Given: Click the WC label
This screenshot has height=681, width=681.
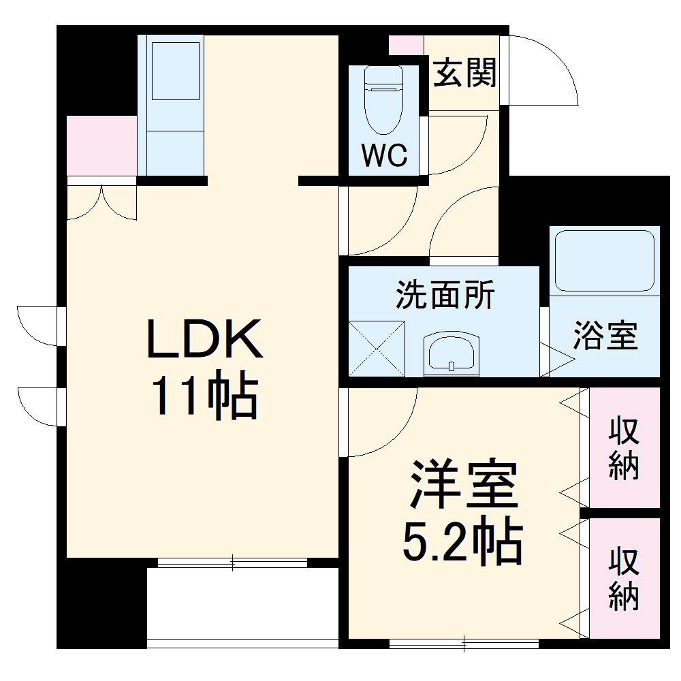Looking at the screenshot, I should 384,156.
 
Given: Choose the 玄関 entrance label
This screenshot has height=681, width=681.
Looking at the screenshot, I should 466,73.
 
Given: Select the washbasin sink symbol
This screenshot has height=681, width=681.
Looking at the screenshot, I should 451,353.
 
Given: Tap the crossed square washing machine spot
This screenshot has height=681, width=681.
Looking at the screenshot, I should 377,347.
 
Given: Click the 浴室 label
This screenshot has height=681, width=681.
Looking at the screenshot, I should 605,336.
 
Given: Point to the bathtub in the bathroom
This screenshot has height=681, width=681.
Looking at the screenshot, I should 604,261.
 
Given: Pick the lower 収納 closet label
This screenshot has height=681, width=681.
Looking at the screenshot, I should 624,579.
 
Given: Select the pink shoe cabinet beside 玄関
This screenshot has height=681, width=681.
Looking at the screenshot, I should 406,44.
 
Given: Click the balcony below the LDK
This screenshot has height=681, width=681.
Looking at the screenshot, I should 242,603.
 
